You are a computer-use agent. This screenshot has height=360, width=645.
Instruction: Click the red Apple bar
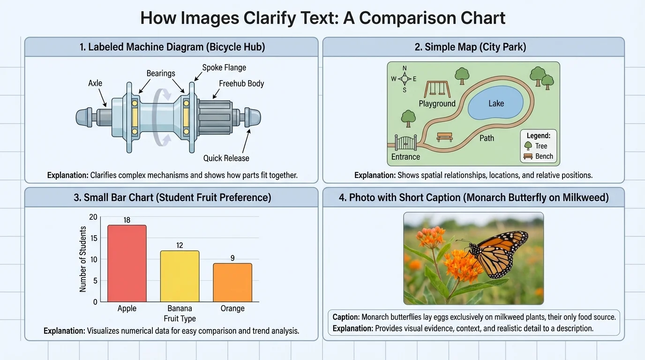[127, 263]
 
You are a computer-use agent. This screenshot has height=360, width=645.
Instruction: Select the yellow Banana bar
[180, 277]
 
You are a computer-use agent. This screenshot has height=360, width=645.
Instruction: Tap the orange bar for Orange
[232, 283]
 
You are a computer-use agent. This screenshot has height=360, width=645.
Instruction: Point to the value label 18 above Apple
[127, 220]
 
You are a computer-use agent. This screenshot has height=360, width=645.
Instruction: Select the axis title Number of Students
[83, 259]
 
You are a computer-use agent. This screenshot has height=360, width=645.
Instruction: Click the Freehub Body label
[241, 84]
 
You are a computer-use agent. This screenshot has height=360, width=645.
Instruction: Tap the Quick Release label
[226, 158]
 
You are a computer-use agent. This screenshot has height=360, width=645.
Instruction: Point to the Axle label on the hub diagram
[95, 83]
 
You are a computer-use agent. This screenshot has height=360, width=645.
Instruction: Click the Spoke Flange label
[224, 67]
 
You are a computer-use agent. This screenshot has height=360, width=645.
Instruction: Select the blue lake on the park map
[495, 104]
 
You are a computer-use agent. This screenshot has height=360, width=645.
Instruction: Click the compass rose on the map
[405, 79]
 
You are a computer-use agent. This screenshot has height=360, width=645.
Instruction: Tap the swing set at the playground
[437, 89]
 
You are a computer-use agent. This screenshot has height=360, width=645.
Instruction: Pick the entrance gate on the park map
[405, 142]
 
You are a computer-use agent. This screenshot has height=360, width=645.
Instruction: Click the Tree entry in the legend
[537, 146]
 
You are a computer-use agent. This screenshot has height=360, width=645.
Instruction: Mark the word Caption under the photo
[345, 317]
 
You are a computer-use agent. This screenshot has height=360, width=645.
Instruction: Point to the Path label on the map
[487, 138]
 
